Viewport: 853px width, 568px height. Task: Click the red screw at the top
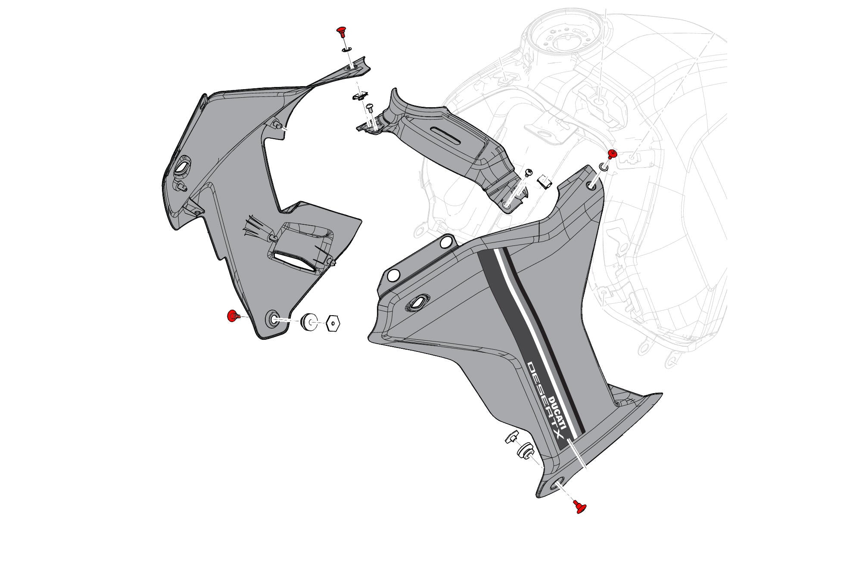coord(342,31)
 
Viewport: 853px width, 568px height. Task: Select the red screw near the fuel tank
coord(611,154)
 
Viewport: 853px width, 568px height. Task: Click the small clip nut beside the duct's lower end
coord(545,182)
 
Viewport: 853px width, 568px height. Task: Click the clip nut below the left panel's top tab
coord(359,95)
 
